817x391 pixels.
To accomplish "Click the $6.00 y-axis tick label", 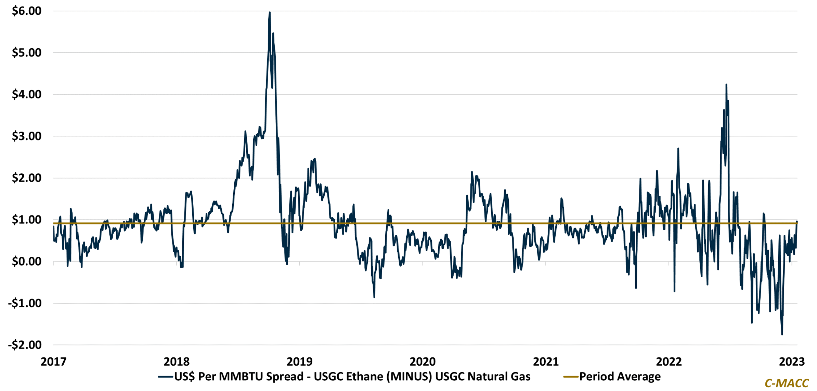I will [27, 11].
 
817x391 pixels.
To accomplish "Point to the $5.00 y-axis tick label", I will [27, 53].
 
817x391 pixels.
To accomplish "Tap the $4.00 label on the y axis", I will [27, 95].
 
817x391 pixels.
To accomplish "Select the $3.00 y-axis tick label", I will [27, 137].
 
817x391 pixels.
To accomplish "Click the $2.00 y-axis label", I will [27, 178].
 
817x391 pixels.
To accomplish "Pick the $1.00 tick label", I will [27, 220].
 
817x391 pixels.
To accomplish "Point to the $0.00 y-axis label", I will [27, 262].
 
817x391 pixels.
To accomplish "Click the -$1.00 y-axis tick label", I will [25, 304].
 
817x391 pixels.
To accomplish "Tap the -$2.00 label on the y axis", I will [25, 345].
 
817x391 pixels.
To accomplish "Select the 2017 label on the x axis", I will [53, 362].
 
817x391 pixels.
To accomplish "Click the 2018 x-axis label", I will [177, 362].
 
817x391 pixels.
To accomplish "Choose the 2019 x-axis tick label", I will [300, 362].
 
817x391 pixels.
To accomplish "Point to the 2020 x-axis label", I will [423, 362].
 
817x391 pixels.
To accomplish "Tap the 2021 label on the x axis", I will [546, 362].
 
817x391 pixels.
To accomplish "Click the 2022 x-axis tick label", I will [669, 362].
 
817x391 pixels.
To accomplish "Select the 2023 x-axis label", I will [792, 362].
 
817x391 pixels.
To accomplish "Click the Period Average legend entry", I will [620, 377].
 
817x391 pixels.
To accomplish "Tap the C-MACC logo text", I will [787, 383].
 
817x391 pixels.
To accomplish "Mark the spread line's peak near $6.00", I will [270, 13].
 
